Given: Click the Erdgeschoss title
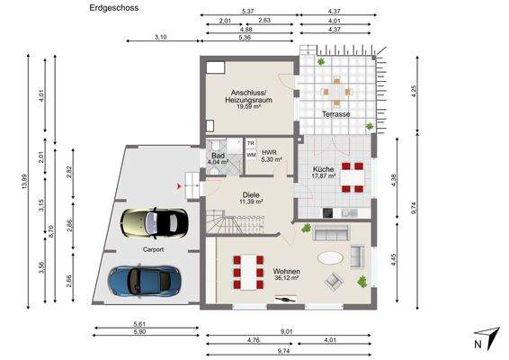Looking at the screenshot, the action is [x=114, y=8].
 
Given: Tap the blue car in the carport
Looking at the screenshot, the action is [x=144, y=281].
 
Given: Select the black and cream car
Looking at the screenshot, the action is [x=154, y=222].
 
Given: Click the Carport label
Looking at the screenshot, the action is [x=153, y=249].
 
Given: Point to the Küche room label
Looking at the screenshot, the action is [x=324, y=169].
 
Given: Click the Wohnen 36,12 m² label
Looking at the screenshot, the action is [x=286, y=274].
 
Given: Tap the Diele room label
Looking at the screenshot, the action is [x=251, y=195].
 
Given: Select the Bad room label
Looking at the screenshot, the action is [x=218, y=156].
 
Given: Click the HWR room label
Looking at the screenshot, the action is [x=269, y=152].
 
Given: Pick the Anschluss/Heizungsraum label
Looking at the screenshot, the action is [x=249, y=96].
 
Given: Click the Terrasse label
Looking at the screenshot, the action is [x=336, y=114].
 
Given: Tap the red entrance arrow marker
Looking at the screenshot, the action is [x=179, y=186].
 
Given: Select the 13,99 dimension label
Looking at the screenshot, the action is [x=24, y=182].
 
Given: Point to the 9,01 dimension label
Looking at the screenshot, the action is [x=287, y=331].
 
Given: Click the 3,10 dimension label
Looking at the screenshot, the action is [x=160, y=37].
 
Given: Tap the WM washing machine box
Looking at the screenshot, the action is [x=251, y=155].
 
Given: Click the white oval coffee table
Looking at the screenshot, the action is [x=330, y=258].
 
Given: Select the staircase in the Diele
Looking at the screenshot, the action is [x=236, y=221].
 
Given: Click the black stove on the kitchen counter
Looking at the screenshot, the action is [x=327, y=212].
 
